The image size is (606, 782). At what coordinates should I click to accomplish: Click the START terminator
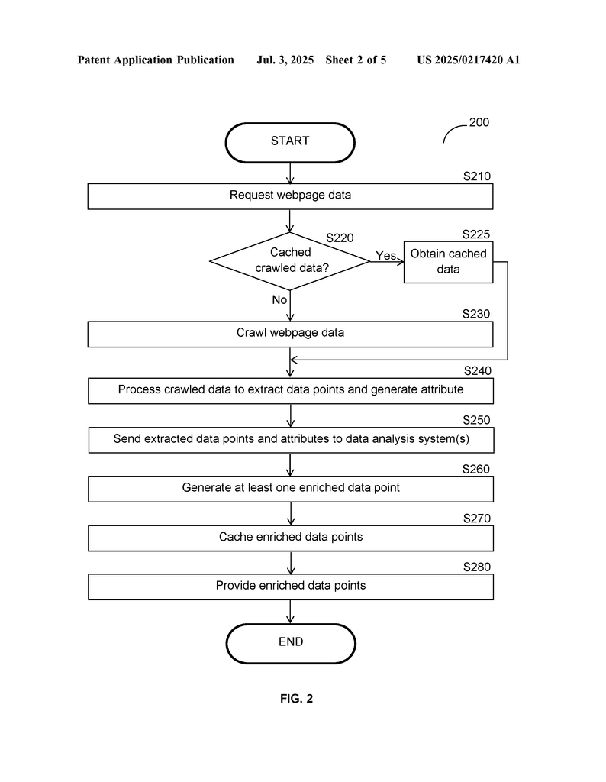(x=290, y=143)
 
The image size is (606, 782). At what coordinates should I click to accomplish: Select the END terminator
(x=291, y=643)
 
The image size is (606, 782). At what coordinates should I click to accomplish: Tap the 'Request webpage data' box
(x=290, y=196)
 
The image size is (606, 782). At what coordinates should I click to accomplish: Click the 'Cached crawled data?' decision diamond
(x=290, y=261)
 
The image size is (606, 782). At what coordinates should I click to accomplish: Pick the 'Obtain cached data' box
(x=448, y=262)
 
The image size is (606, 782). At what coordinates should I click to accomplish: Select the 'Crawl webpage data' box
(x=290, y=334)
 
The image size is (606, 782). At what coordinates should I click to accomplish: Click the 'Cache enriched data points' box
(x=291, y=538)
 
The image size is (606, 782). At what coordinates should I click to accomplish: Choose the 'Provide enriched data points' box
(x=291, y=586)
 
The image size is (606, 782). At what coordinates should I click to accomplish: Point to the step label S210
(x=477, y=176)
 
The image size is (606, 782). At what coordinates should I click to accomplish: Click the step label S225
(x=476, y=234)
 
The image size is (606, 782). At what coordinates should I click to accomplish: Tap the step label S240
(x=478, y=370)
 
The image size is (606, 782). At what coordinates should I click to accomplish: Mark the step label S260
(x=476, y=469)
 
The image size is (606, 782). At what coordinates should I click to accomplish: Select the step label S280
(x=477, y=567)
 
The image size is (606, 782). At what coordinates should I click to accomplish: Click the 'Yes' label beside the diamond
(x=385, y=255)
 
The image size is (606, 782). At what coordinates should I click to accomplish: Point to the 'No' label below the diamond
(x=279, y=299)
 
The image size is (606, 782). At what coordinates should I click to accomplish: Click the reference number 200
(x=479, y=122)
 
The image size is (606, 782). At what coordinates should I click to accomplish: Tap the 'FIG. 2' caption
(x=297, y=698)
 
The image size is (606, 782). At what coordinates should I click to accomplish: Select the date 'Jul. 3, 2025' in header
(x=285, y=60)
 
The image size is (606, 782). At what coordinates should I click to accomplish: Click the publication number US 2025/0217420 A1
(x=469, y=60)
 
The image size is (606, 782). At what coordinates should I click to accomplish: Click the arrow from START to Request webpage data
(x=290, y=173)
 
